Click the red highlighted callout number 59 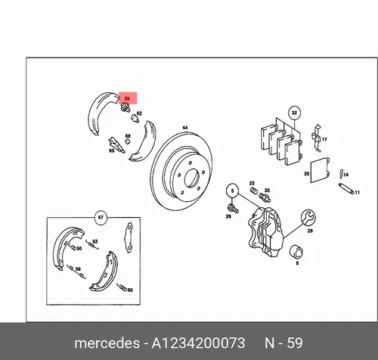pyautogui.click(x=128, y=98)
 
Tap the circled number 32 pyautogui.click(x=294, y=113)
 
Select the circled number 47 pyautogui.click(x=101, y=217)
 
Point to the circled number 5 pyautogui.click(x=233, y=191)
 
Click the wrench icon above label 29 pyautogui.click(x=308, y=217)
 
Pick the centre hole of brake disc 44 pyautogui.click(x=192, y=178)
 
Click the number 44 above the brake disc pyautogui.click(x=185, y=128)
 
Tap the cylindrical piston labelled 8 pyautogui.click(x=296, y=251)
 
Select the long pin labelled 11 pyautogui.click(x=346, y=188)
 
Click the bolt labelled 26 pyautogui.click(x=233, y=208)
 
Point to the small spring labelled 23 pyautogui.click(x=254, y=191)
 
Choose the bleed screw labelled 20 pyautogui.click(x=265, y=197)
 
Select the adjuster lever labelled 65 pyautogui.click(x=116, y=144)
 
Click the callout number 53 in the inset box pyautogui.click(x=94, y=241)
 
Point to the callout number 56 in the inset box pyautogui.click(x=78, y=269)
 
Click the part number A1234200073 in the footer pyautogui.click(x=198, y=343)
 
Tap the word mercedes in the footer pyautogui.click(x=107, y=343)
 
